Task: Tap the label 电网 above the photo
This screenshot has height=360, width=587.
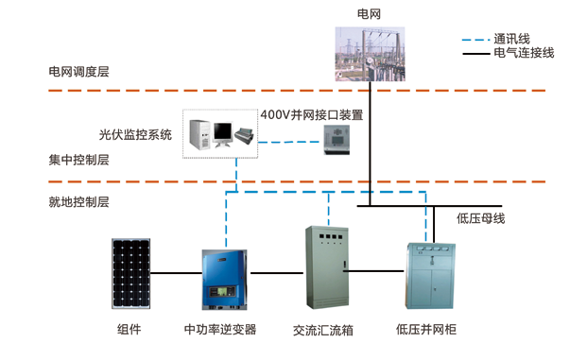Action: click(369, 14)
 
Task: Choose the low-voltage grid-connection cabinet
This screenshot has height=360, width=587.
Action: click(430, 275)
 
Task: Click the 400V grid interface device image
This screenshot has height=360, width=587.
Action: click(341, 139)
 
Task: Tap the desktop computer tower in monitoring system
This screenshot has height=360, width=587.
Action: click(200, 135)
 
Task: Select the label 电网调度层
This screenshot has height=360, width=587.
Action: click(78, 71)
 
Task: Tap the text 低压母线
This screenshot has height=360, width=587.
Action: click(481, 219)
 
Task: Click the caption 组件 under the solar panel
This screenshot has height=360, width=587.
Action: click(129, 330)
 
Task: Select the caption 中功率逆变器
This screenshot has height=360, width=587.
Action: click(219, 330)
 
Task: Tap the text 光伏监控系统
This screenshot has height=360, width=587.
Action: click(135, 134)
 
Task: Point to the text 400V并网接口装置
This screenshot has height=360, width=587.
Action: click(311, 114)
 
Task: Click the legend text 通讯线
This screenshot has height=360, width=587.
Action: click(511, 39)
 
